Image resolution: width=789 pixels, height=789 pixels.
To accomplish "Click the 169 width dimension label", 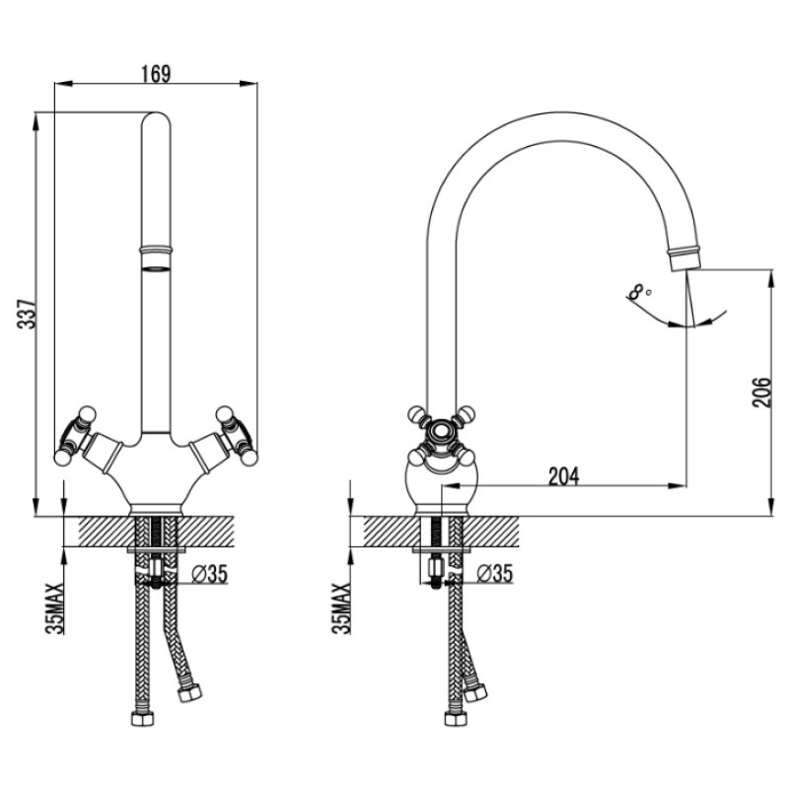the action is [x=156, y=73].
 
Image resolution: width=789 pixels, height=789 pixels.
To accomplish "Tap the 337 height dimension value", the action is [x=27, y=315].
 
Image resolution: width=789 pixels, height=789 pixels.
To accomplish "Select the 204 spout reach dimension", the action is [x=563, y=476].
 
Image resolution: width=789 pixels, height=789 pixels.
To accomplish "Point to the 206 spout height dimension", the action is [x=761, y=392].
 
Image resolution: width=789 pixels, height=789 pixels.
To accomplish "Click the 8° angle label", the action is [x=639, y=292].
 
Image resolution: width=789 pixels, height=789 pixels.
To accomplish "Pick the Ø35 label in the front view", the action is [x=210, y=573].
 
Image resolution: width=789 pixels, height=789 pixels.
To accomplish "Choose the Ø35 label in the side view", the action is [x=494, y=573].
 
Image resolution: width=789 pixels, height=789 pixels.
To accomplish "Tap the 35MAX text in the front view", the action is [x=55, y=608].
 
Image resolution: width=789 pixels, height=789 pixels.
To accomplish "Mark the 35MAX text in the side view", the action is [x=341, y=608].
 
